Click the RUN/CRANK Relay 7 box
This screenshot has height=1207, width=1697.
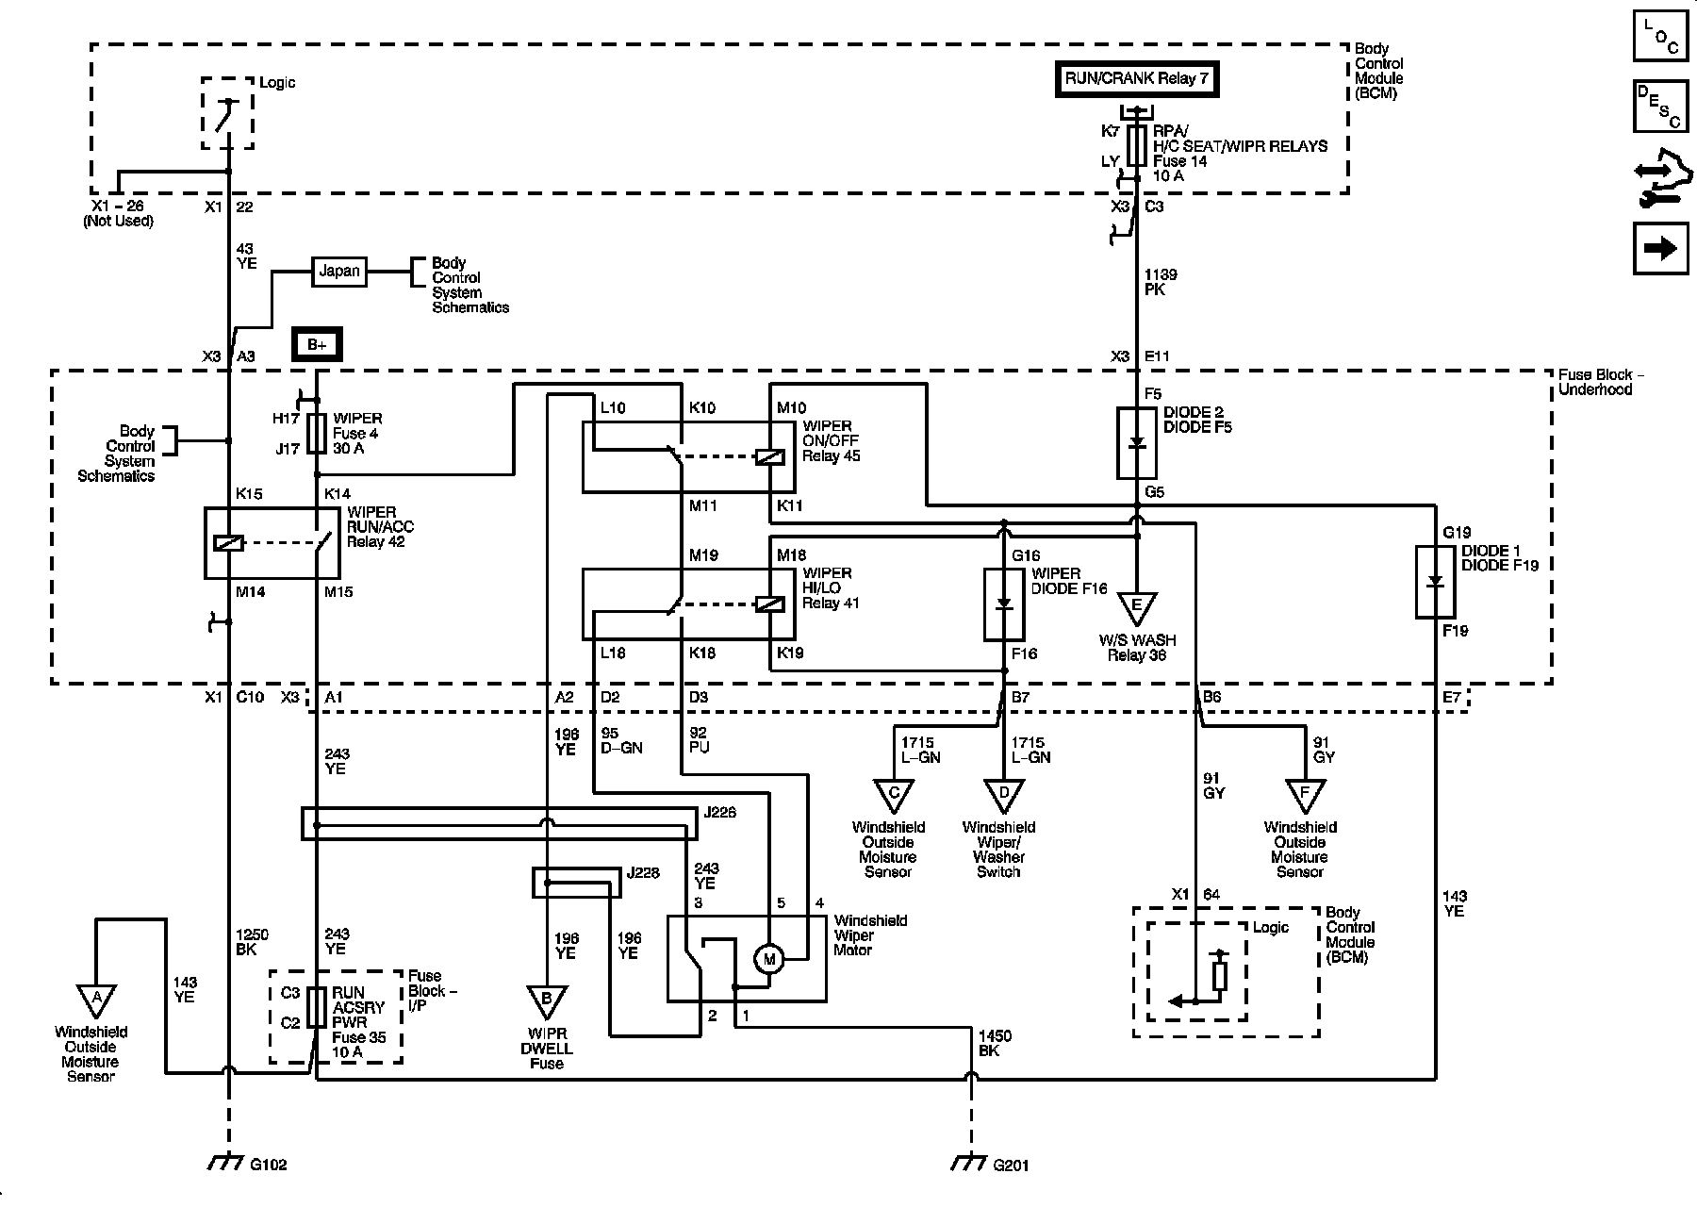coord(1136,78)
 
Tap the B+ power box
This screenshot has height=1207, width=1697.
coord(316,345)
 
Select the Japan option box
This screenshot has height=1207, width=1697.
coord(339,271)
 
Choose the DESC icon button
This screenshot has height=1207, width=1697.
coord(1660,107)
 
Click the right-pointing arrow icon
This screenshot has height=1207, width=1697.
coord(1660,248)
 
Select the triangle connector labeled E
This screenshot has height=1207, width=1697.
coord(1137,607)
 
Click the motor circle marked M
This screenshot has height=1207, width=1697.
coord(768,960)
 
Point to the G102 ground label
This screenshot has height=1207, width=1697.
coord(269,1165)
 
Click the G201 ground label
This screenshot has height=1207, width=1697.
coord(1012,1165)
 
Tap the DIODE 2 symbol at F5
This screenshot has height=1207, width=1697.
coord(1137,443)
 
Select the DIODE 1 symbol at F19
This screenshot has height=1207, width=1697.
coord(1435,582)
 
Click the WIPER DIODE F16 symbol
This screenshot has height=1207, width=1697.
coord(1004,603)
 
